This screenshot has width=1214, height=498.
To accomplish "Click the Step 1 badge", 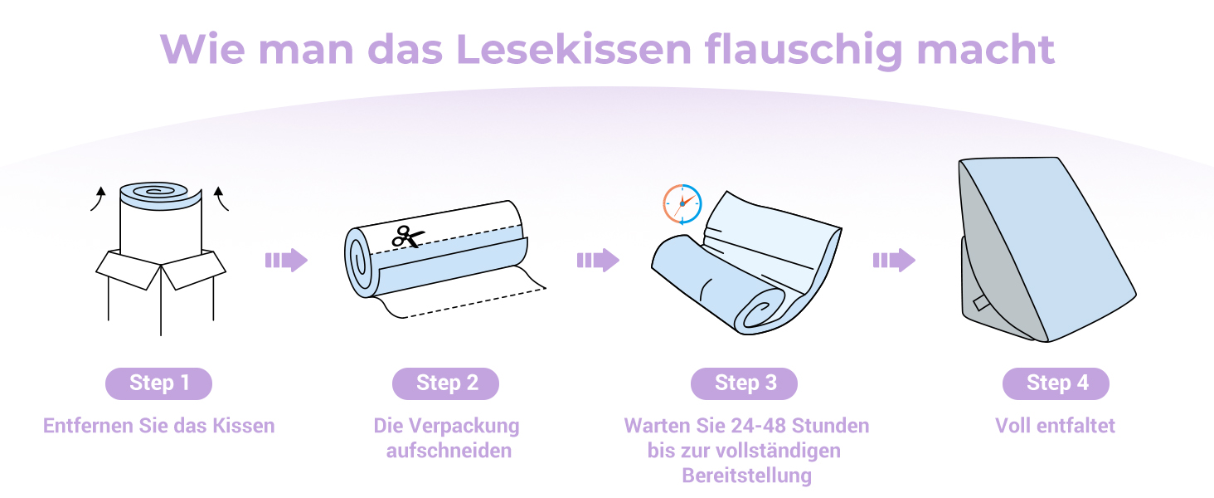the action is coord(158,383).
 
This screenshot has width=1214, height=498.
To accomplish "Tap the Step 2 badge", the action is coord(445,383).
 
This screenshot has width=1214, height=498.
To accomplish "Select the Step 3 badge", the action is coord(744,383).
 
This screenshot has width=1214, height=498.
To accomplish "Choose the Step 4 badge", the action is coord(1056,383).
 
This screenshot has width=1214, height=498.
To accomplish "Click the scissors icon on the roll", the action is coord(407,237).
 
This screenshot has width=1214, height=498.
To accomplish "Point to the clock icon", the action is coord(682,204).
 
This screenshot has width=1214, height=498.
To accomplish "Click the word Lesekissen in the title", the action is coord(574,49).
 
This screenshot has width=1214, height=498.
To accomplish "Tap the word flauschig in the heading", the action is coord(804,51).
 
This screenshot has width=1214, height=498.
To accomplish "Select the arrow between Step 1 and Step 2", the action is coord(286,261).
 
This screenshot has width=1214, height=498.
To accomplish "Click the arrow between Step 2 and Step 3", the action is coord(599,261).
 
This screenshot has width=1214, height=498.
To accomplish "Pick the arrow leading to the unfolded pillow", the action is coord(894,261).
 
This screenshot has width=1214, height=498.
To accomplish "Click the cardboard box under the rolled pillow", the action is coord(161,292).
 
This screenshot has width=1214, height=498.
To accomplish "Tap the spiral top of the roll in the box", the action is coord(155,192).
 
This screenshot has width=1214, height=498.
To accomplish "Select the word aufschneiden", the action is coord(449,451).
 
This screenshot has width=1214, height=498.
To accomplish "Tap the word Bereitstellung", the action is coord(747,476).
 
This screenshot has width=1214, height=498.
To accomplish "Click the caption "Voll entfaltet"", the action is coord(1056,426).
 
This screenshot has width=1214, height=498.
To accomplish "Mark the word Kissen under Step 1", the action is coord(243,426).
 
